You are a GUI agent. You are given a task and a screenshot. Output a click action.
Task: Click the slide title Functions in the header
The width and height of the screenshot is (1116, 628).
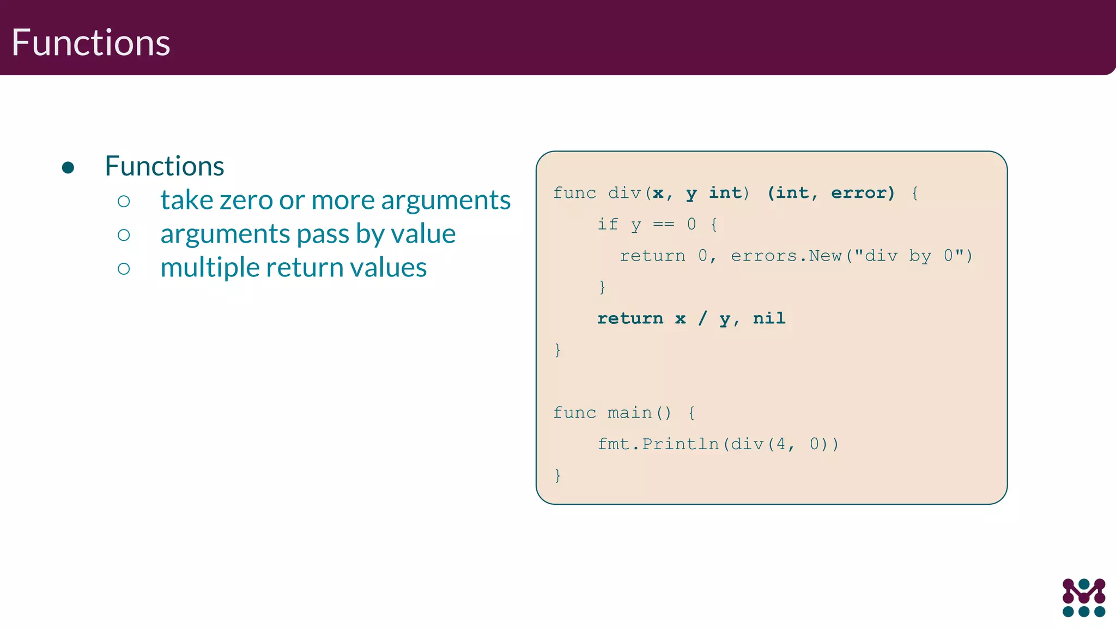90,43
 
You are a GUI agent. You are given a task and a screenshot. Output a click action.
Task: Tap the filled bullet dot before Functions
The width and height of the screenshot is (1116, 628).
68,167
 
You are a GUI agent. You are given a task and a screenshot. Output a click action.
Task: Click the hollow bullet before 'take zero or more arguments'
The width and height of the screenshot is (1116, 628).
124,201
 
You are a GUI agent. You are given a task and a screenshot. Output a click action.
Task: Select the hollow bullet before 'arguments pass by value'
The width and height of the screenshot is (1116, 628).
124,235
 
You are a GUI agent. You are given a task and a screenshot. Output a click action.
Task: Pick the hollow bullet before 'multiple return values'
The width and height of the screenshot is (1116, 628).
124,268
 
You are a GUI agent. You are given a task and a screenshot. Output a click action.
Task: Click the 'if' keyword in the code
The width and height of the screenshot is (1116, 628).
608,224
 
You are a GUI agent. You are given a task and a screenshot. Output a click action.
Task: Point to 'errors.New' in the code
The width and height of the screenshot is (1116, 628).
786,256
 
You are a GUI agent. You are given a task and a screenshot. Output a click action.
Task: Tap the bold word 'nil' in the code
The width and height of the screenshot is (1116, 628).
769,318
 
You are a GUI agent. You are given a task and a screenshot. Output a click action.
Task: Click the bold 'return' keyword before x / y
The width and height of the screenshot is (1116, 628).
630,318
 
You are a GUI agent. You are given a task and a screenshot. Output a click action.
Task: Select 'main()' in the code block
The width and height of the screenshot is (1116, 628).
640,413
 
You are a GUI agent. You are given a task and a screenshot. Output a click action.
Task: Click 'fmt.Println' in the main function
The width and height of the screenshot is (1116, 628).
658,444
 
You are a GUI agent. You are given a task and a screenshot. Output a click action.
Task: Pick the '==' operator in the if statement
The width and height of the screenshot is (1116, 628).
663,224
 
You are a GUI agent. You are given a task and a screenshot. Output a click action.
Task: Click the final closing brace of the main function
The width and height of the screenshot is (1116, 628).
557,475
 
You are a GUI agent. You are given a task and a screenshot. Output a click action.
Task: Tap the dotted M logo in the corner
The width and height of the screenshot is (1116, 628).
1083,597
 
